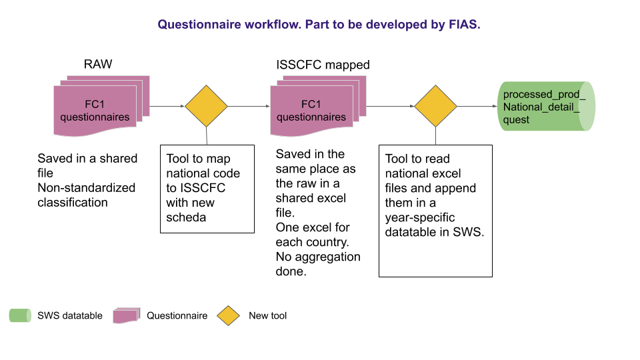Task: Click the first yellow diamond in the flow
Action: point(206,106)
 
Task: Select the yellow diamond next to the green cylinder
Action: point(435,106)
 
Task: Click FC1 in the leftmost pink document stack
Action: point(95,105)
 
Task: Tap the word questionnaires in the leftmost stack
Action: point(95,117)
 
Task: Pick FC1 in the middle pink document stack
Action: point(311,105)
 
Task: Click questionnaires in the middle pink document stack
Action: point(311,117)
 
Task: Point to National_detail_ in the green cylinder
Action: point(541,107)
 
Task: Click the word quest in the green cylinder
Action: point(517,119)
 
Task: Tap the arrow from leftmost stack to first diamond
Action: point(167,106)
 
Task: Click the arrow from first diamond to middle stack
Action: point(249,106)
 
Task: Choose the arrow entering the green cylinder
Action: point(477,106)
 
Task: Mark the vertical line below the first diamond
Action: point(206,136)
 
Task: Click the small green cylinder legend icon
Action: point(20,315)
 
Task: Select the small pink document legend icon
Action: point(126,315)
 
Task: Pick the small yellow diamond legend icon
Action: point(228,315)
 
